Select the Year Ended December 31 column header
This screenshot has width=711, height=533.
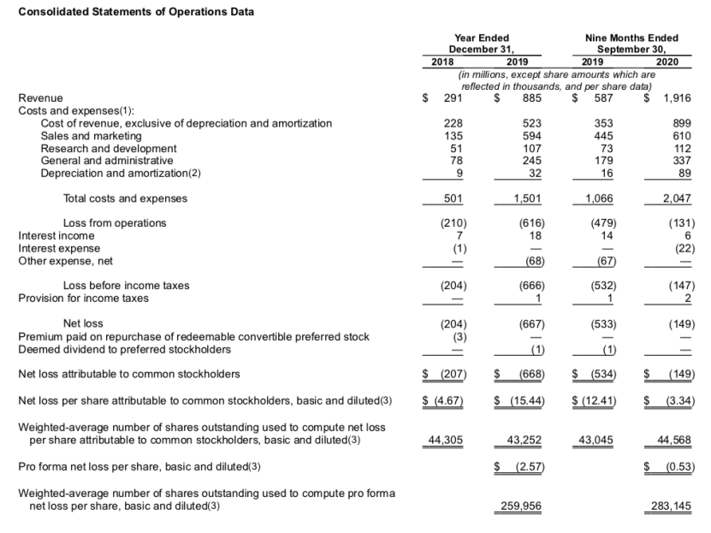point(482,43)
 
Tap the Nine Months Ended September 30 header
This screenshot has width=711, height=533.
point(631,43)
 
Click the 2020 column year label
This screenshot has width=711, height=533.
point(667,62)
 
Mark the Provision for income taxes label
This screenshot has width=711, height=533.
point(83,298)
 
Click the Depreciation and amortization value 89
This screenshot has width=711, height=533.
point(684,172)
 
